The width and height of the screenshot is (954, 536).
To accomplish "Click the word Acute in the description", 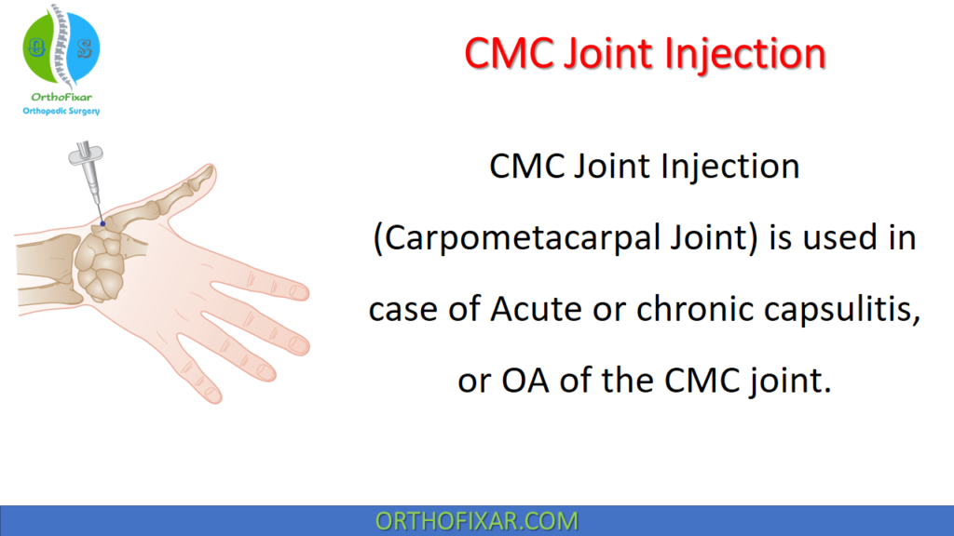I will (537, 309).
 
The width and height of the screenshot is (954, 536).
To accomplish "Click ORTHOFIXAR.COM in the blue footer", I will (476, 520).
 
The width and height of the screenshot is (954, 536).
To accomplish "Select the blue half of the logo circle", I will (82, 47).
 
